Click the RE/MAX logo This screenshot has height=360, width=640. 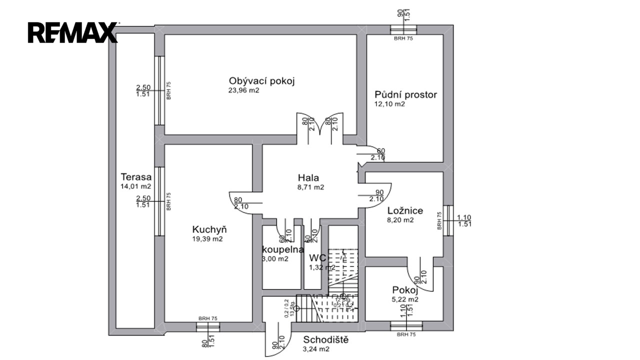(x=72, y=32)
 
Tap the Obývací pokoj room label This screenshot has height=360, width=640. (x=262, y=81)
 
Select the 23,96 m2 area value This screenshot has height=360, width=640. (x=244, y=90)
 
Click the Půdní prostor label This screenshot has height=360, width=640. (x=405, y=94)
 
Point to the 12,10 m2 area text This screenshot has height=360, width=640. (x=389, y=104)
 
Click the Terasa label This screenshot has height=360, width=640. (x=136, y=176)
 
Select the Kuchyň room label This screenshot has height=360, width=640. (x=209, y=229)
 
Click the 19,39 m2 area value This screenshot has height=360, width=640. (x=207, y=239)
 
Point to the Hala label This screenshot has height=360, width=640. (x=308, y=177)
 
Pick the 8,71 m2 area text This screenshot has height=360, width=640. (x=310, y=187)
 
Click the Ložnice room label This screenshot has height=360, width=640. (x=404, y=210)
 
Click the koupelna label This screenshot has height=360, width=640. (x=283, y=249)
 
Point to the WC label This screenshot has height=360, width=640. (x=318, y=258)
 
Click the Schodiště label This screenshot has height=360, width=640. (x=325, y=340)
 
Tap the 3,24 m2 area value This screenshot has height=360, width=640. (x=316, y=349)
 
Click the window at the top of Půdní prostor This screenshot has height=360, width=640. (x=405, y=29)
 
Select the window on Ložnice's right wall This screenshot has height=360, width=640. (x=448, y=220)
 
